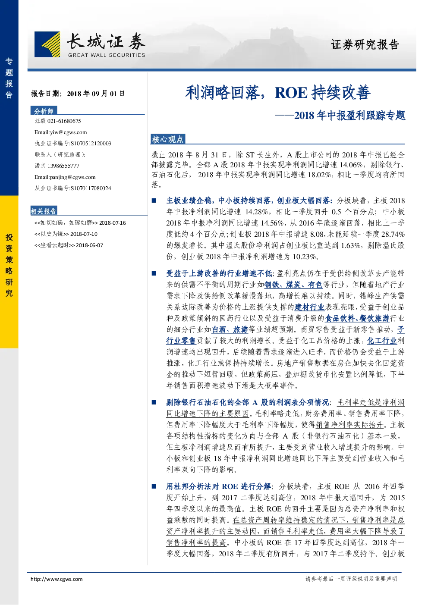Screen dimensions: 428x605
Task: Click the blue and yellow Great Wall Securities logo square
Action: (47, 44)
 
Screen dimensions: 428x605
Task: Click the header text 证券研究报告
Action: (365, 44)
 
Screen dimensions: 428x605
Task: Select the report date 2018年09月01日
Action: (96, 94)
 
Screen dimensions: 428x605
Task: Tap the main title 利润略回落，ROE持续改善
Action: (277, 93)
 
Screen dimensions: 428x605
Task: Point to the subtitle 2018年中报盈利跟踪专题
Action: (349, 116)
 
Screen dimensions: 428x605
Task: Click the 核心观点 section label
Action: (167, 139)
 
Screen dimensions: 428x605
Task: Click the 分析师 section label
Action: (44, 111)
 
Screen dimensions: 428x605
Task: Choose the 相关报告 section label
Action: (44, 211)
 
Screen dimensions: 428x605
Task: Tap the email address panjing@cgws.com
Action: (72, 177)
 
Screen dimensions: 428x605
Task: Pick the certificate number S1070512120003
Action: (91, 144)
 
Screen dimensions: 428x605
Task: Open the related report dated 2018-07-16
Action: (80, 223)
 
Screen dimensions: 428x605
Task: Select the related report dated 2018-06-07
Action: (69, 245)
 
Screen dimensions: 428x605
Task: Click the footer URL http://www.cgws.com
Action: (57, 579)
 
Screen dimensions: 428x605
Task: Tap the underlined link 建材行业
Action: (309, 307)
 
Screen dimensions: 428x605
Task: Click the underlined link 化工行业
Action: (382, 341)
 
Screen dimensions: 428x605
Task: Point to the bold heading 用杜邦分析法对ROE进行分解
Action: (218, 486)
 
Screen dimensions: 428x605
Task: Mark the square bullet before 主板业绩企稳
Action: (154, 201)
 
